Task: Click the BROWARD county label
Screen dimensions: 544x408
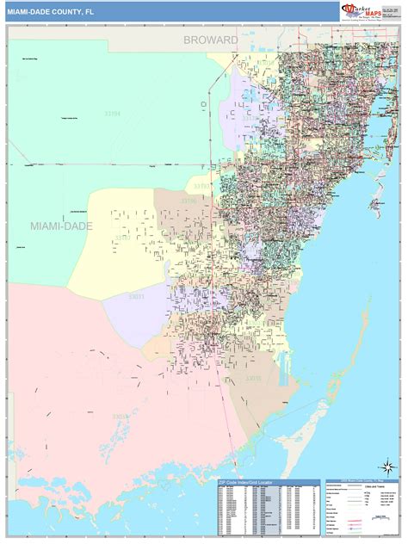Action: (x=210, y=40)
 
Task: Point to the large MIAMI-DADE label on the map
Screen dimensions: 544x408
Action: (x=61, y=226)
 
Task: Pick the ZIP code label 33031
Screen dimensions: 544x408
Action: (x=137, y=297)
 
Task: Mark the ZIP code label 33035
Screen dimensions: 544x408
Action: (x=253, y=379)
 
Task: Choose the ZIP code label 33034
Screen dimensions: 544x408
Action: (x=121, y=417)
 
